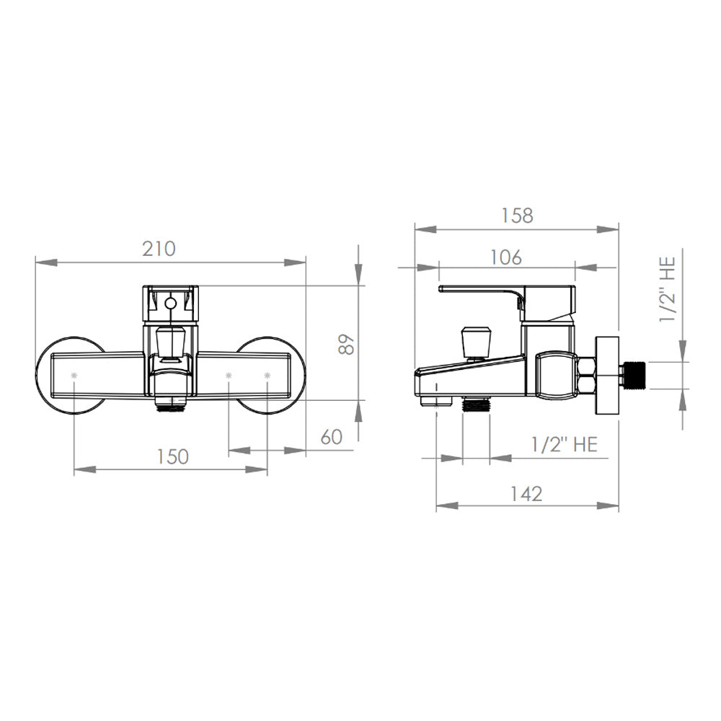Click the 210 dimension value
159,249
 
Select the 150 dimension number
172,456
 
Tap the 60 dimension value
332,437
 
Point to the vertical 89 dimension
347,343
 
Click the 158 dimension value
517,215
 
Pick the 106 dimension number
506,257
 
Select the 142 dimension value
526,494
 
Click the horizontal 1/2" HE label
565,445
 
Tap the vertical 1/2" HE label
668,289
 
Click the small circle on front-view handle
170,304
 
